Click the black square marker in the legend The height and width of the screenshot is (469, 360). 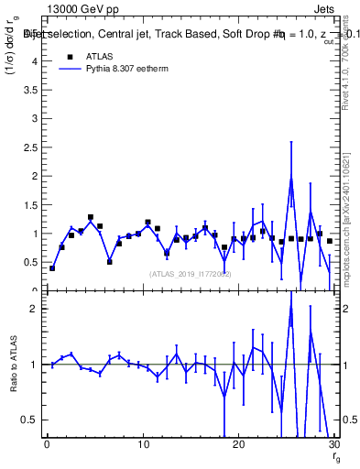point(64,55)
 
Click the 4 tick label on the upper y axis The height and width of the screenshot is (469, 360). point(36,61)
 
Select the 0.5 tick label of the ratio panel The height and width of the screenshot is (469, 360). point(31,420)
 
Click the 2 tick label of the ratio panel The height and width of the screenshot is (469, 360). point(36,309)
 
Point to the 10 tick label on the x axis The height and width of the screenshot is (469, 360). point(143,445)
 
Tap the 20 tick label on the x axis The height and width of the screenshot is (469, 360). point(238,445)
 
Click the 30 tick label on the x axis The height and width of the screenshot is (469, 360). point(333,445)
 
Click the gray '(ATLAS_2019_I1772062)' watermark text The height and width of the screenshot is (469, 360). point(191,273)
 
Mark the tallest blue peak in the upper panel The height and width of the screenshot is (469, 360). point(291,178)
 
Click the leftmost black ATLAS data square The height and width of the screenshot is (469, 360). point(52,268)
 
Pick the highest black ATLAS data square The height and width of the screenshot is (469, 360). point(91,217)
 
